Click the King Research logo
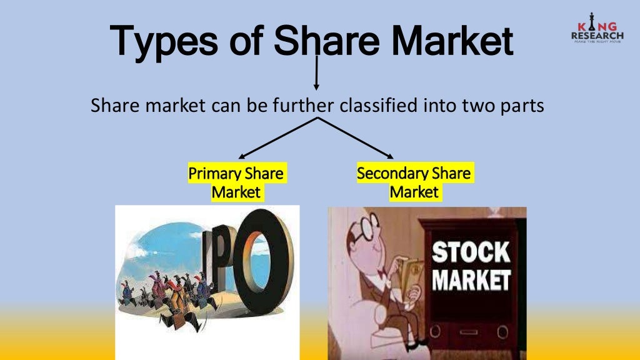point(597,31)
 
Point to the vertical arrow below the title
point(317,73)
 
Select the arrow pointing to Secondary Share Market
point(356,137)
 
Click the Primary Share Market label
point(236,182)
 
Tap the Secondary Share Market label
point(414,182)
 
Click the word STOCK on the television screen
point(471,254)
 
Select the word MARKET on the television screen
point(471,279)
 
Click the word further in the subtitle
point(303,106)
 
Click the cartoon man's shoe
point(425,343)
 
